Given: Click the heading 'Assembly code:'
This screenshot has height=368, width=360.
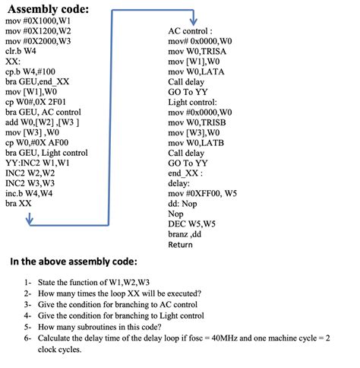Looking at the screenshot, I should [47, 10].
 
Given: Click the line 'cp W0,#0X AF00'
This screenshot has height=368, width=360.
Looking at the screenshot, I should [37, 143].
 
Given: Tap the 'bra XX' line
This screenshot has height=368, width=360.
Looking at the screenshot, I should [18, 204].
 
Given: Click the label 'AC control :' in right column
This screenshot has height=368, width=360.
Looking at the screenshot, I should [190, 31].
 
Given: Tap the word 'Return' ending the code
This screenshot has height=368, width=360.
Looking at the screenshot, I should [181, 245].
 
